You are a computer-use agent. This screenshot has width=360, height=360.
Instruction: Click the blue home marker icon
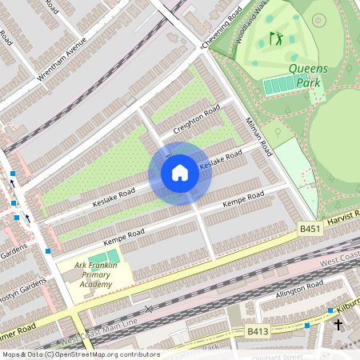point(180,173)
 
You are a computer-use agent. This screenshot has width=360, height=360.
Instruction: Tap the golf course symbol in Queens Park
point(277,38)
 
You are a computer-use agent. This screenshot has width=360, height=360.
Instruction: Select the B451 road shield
point(310,229)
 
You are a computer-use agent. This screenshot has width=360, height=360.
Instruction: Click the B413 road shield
point(257,330)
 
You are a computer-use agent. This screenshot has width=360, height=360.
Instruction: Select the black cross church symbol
point(338,325)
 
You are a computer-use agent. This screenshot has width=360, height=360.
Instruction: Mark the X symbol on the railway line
point(148,308)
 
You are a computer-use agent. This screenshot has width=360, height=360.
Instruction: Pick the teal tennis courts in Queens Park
point(279,84)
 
